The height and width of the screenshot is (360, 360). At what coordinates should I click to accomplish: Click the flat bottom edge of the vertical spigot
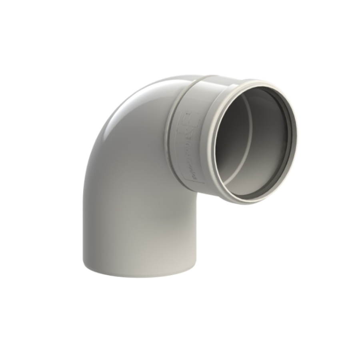(140, 275)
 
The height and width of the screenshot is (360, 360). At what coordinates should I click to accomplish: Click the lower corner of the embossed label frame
(203, 183)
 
